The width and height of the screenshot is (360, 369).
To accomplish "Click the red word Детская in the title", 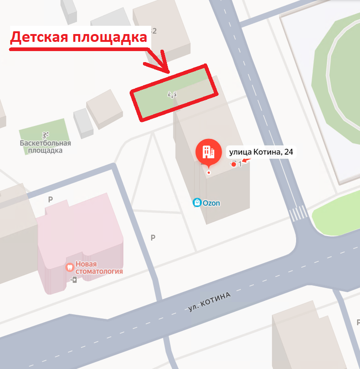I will [x=39, y=37].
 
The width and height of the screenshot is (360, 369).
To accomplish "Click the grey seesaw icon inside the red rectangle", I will [x=172, y=95].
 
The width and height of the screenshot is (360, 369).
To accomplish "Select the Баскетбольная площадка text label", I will [x=45, y=147].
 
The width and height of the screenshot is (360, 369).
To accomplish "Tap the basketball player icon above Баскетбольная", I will [x=45, y=135].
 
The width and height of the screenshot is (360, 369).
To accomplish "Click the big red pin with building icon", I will [x=209, y=152].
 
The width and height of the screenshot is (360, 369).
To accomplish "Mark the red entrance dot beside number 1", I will [x=234, y=164].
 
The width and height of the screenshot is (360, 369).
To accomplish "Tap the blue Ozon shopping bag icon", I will [x=197, y=202].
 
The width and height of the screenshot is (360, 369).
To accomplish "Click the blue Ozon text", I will [x=211, y=202].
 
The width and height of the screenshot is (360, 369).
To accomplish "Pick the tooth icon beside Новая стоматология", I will [x=69, y=267].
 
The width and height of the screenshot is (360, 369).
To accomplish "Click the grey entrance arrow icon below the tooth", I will [x=74, y=279].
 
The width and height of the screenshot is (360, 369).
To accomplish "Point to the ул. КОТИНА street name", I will [x=209, y=302].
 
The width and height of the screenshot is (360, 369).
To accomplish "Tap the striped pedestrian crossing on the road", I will [x=298, y=213].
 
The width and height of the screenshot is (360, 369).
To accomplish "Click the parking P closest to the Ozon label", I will [x=153, y=238].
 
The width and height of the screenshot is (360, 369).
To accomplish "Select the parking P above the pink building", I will [x=51, y=200].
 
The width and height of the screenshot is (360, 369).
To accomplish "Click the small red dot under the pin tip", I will [x=209, y=173].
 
